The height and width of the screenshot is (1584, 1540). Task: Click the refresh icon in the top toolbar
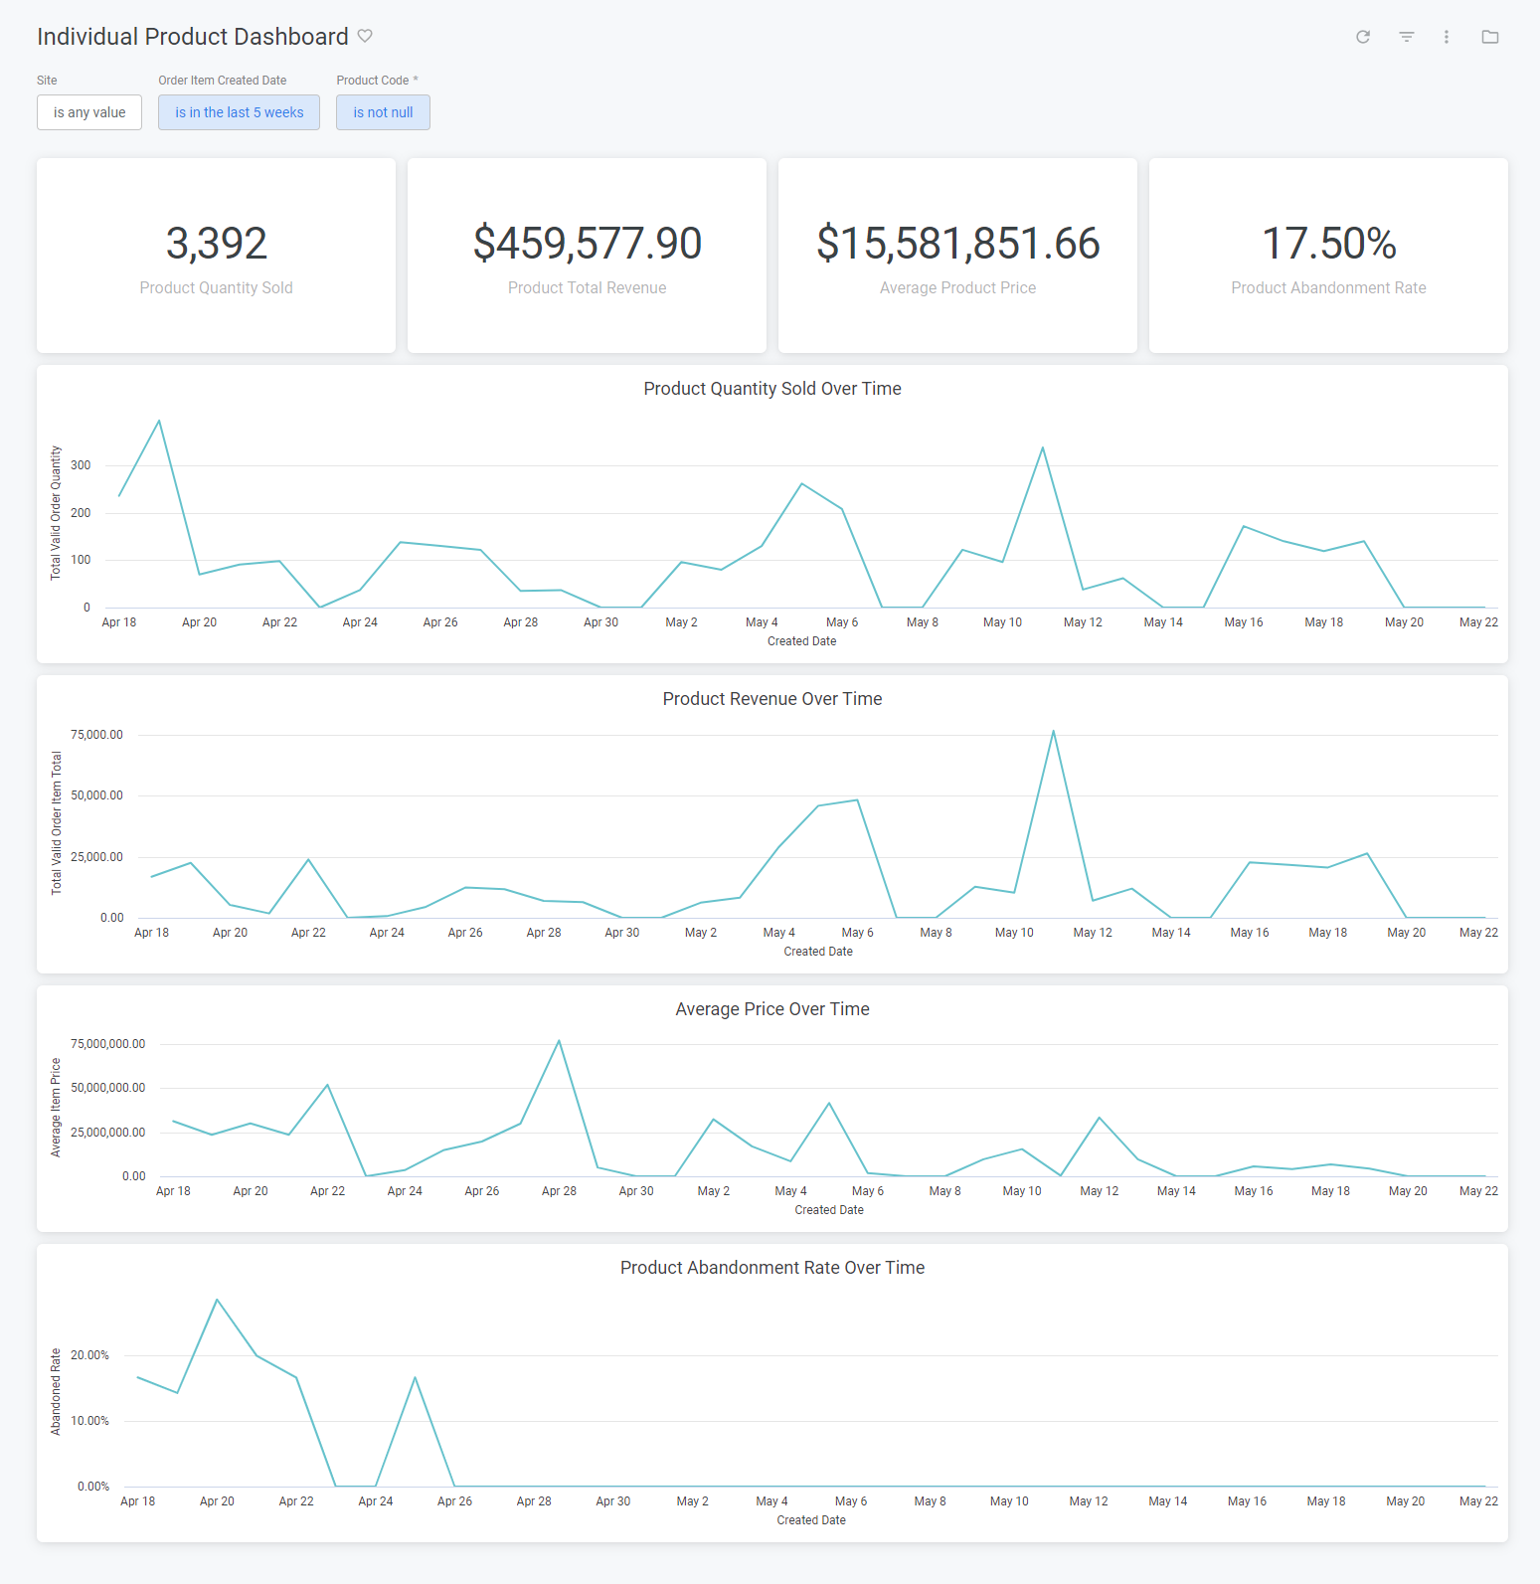(x=1363, y=37)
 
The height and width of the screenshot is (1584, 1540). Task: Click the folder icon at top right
(x=1489, y=37)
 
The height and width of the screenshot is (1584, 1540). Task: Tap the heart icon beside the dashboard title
(x=365, y=36)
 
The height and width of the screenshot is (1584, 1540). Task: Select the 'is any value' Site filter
(x=89, y=112)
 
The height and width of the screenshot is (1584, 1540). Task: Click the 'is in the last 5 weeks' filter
(x=239, y=112)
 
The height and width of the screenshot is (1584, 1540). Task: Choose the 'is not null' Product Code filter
(x=383, y=112)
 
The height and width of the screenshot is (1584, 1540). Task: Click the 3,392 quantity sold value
(x=216, y=244)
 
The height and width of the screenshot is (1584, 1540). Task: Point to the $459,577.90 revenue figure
(x=587, y=244)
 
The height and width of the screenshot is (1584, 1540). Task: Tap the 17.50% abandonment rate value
(x=1328, y=244)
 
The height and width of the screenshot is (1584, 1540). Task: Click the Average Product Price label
(x=957, y=287)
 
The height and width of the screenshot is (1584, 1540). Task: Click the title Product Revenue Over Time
(x=771, y=699)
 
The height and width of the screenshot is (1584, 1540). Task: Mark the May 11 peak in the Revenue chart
(x=1053, y=732)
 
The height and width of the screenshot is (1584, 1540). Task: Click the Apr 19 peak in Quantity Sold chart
(x=159, y=421)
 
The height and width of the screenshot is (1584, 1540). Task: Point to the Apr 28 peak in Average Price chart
(x=559, y=1041)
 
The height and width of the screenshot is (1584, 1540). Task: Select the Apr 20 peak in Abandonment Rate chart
(x=217, y=1300)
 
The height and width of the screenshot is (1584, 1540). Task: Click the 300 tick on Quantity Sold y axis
(x=81, y=465)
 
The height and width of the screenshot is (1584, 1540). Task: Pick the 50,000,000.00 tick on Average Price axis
(x=107, y=1088)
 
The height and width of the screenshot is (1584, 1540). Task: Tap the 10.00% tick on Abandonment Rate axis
(x=89, y=1421)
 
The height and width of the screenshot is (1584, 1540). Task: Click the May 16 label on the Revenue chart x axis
(x=1249, y=933)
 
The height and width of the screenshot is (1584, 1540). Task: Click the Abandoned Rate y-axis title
(x=56, y=1391)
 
